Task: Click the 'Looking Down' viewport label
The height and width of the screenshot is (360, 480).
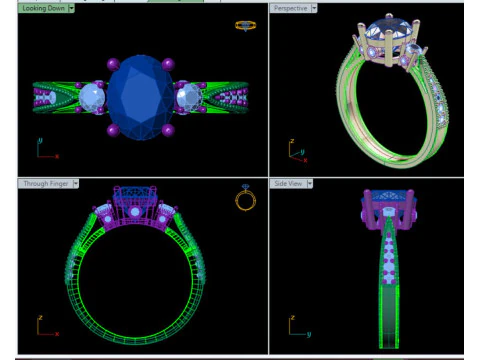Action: coord(43,8)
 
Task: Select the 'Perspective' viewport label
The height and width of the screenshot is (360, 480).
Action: coord(290,8)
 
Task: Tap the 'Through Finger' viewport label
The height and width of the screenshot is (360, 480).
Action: coord(46,184)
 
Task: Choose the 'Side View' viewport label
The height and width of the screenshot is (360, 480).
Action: coord(288,184)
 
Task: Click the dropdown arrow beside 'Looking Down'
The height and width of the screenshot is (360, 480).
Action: coord(71,8)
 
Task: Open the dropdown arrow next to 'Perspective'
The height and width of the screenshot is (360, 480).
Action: coord(314,8)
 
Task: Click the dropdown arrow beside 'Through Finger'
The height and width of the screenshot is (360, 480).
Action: coord(76,184)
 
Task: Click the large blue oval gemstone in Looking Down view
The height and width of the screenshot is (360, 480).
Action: coord(140,97)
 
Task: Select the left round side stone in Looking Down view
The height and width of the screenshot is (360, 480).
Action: coord(92,97)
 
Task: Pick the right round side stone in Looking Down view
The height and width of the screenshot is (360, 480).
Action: coord(189,97)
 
